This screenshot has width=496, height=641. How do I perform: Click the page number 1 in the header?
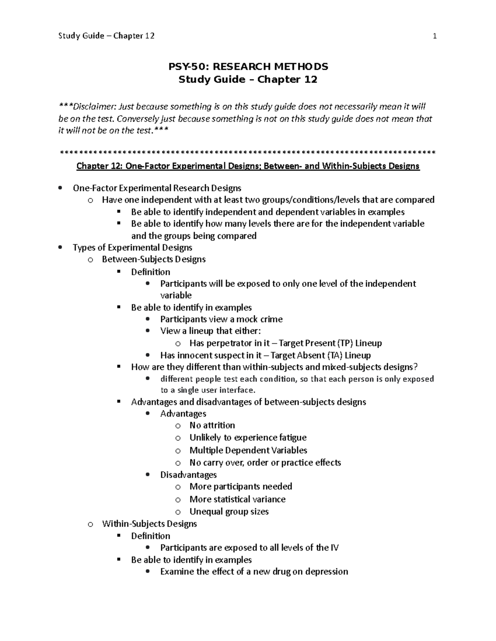434,36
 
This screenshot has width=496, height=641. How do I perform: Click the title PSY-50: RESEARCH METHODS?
248,66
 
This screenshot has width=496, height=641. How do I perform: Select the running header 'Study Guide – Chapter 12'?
106,36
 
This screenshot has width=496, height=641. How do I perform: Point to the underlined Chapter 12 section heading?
248,166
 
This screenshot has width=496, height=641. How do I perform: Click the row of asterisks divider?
248,153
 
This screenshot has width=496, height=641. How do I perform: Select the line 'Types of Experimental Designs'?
132,248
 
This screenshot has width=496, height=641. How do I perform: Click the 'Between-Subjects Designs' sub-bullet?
153,259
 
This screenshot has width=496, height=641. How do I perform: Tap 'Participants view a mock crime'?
221,319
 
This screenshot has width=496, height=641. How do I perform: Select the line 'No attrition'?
212,425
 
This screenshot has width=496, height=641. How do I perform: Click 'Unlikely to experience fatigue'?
248,438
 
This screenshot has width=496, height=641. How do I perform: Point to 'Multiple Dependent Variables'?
248,450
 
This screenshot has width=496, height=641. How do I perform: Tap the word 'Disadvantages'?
188,475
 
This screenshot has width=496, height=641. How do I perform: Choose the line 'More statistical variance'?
237,499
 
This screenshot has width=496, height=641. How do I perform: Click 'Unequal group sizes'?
229,511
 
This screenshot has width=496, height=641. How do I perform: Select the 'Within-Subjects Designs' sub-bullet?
149,524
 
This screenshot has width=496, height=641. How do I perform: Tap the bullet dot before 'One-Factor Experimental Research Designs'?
61,188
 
